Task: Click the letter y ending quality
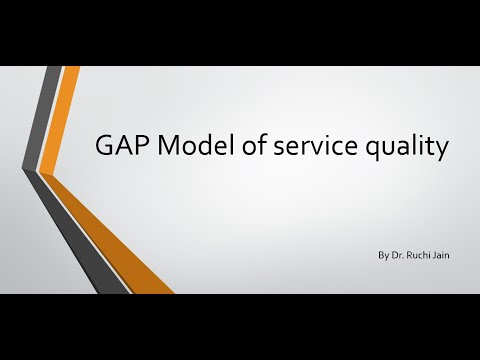pyautogui.click(x=439, y=152)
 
